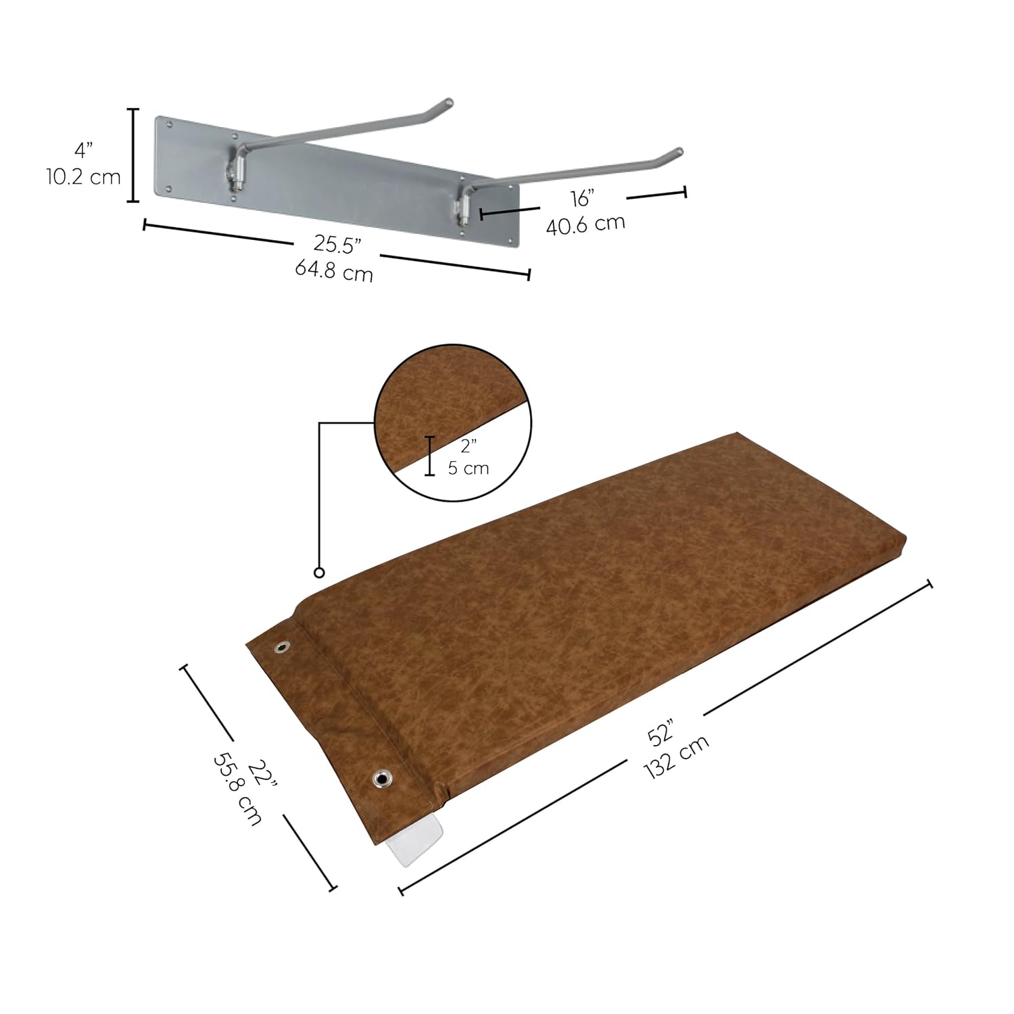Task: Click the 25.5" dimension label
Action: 337,245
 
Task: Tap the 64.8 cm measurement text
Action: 334,271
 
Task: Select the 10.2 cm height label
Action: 83,177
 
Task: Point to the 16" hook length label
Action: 581,199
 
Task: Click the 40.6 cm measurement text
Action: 585,224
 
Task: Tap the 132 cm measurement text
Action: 677,756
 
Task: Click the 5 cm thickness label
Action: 468,468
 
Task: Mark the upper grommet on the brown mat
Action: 281,648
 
